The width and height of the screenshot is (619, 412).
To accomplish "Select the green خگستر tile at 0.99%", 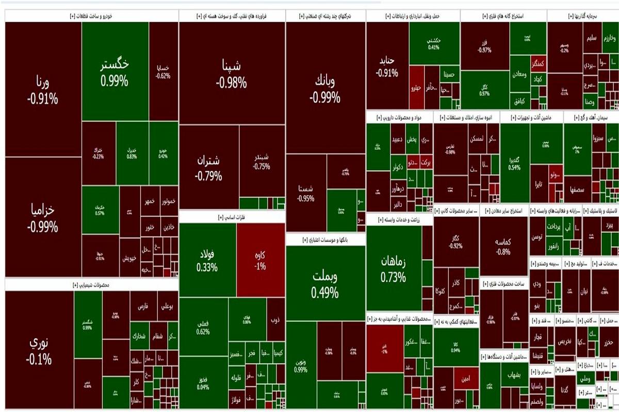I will pyautogui.click(x=115, y=72).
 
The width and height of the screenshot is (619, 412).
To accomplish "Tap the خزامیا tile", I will pyautogui.click(x=43, y=219).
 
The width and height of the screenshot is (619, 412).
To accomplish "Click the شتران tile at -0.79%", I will pyautogui.click(x=209, y=167).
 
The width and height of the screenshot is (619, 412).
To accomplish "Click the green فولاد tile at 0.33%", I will pyautogui.click(x=207, y=261).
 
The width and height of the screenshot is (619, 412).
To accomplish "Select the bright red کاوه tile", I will pyautogui.click(x=260, y=261).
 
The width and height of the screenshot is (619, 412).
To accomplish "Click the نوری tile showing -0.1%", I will pyautogui.click(x=40, y=350).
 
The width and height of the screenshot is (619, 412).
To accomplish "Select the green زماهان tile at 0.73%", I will pyautogui.click(x=394, y=269).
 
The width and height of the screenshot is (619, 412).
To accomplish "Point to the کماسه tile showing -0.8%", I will pyautogui.click(x=503, y=246).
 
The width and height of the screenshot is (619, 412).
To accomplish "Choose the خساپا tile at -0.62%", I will pyautogui.click(x=163, y=71).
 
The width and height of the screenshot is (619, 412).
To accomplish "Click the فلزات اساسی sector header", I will pyautogui.click(x=232, y=217).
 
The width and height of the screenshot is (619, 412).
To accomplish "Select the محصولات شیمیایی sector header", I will pyautogui.click(x=92, y=284).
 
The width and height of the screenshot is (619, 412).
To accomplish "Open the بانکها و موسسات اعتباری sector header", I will pyautogui.click(x=325, y=240).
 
